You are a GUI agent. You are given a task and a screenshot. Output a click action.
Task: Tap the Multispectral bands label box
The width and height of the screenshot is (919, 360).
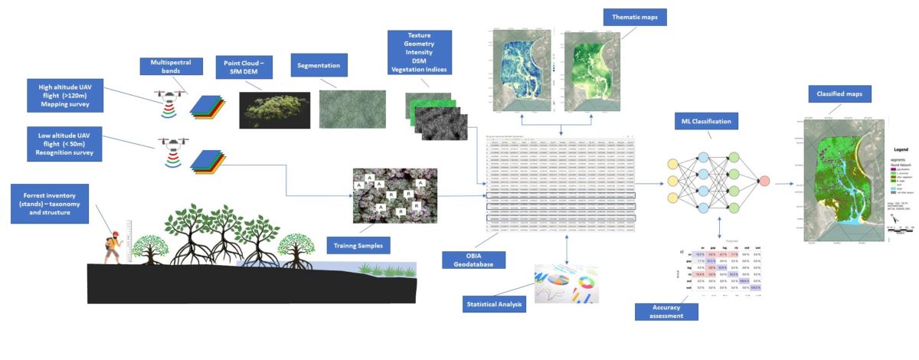click(171, 66)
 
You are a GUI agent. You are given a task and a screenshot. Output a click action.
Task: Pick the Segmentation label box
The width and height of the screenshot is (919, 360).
click(319, 67)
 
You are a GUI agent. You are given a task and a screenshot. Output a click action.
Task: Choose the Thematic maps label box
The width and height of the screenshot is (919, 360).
click(635, 16)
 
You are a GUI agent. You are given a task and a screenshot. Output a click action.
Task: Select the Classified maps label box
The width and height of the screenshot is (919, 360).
click(839, 93)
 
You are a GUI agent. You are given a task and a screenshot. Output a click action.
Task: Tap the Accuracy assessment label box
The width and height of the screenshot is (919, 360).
click(667, 311)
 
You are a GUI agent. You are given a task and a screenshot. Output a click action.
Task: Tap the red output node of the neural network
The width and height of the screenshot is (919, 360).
click(764, 181)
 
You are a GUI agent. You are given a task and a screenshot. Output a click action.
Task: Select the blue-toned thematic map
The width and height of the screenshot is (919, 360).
click(522, 74)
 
